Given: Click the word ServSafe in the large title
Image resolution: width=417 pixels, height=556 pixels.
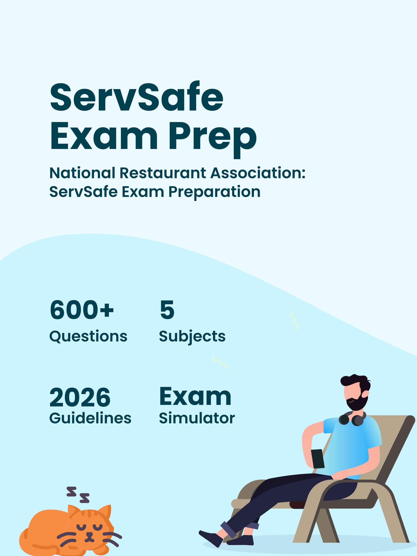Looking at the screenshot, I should click(137, 97).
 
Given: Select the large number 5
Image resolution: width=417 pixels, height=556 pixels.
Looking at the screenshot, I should click(167, 310).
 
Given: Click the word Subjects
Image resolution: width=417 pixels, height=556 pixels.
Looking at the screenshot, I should click(192, 336).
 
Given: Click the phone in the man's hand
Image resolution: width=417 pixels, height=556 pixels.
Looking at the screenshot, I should click(317, 459).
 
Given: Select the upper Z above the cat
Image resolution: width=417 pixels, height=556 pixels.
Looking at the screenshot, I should click(71, 492).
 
